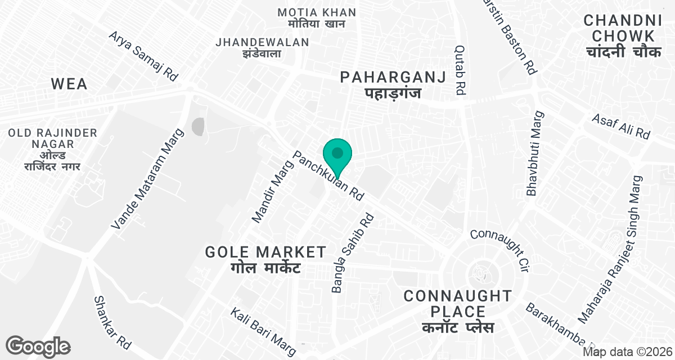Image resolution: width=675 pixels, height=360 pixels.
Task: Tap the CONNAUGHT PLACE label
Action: click(457, 311)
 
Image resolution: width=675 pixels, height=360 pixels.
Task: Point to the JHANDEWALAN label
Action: click(262, 47)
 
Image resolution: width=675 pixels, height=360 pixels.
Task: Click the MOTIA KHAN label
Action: click(317, 18)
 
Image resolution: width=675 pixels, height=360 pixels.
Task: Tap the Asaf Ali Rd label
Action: click(621, 127)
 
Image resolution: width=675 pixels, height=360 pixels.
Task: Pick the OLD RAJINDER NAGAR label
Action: click(52, 150)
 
